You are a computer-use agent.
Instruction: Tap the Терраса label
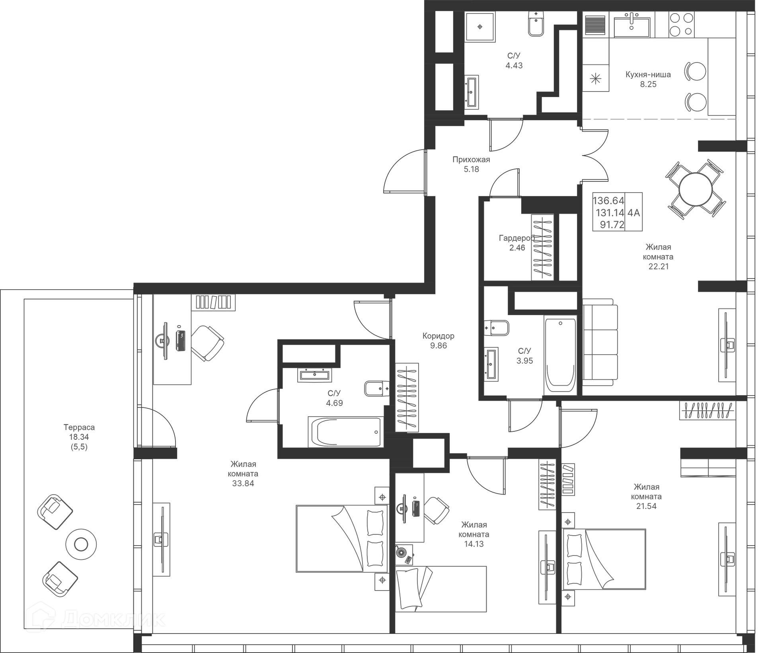click(x=79, y=427)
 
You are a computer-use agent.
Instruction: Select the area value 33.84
click(x=243, y=483)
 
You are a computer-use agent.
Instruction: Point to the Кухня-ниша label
click(x=648, y=74)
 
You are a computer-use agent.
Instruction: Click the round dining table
click(x=695, y=189)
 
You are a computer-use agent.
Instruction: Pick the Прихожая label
click(x=471, y=160)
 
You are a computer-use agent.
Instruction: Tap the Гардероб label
click(x=516, y=238)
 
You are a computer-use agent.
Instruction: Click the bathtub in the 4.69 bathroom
click(x=345, y=432)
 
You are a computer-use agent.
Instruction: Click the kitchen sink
click(x=631, y=26)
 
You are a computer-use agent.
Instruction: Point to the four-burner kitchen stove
click(x=681, y=24)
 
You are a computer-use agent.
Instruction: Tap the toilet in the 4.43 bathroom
click(x=536, y=25)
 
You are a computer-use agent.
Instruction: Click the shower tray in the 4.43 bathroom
click(x=480, y=27)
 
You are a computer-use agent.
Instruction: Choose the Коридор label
click(x=438, y=336)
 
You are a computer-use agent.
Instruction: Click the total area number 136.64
click(x=608, y=201)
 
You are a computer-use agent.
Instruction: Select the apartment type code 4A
click(x=633, y=213)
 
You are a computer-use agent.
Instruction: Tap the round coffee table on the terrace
click(x=81, y=544)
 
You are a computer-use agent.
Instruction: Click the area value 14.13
click(x=474, y=544)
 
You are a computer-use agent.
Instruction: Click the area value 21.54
click(x=646, y=506)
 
